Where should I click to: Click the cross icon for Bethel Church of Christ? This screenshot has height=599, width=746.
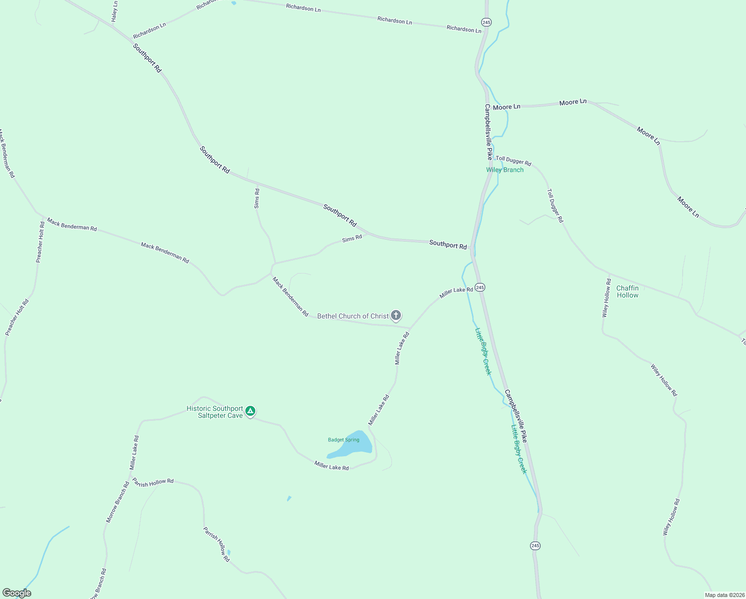396,315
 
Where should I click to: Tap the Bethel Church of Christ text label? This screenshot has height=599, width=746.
353,316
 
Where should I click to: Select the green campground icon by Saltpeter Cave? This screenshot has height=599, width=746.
250,411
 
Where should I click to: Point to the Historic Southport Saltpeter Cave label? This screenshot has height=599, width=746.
214,412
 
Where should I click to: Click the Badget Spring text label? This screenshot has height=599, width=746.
344,440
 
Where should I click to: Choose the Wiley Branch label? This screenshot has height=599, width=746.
505,170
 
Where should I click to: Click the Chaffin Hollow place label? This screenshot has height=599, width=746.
627,292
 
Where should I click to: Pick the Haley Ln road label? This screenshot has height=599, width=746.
115,10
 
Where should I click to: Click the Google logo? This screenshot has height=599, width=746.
16,593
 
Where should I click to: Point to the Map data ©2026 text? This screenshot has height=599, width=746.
724,595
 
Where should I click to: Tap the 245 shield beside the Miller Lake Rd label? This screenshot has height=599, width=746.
480,287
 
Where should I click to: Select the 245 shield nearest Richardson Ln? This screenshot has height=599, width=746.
486,22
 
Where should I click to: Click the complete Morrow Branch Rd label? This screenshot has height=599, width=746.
118,502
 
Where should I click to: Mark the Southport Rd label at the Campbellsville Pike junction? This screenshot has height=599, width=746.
448,245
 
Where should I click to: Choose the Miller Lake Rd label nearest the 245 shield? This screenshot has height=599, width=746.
456,293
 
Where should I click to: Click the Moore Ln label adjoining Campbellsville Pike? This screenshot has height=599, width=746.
506,107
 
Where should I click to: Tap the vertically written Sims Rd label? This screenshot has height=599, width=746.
257,198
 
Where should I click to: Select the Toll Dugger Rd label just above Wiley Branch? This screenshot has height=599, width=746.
513,161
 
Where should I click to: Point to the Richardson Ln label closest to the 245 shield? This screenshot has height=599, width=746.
464,29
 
